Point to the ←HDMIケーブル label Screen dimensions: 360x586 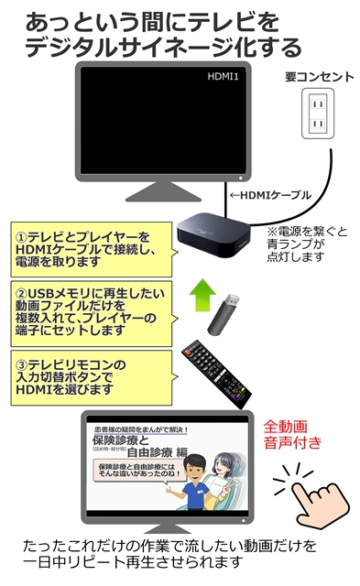point(271,195)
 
